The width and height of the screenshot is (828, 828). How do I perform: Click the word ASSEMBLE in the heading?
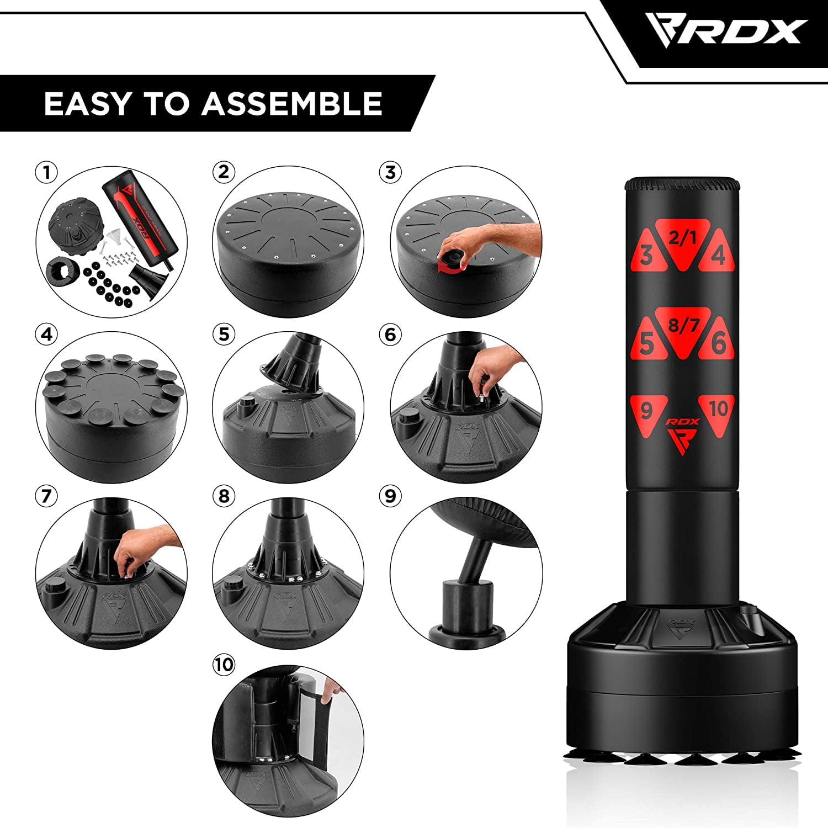pyautogui.click(x=292, y=104)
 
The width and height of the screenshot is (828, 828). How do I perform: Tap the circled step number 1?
pyautogui.click(x=47, y=172)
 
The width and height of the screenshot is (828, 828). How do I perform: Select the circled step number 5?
pyautogui.click(x=224, y=335)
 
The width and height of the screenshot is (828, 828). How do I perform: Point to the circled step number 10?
pyautogui.click(x=224, y=665)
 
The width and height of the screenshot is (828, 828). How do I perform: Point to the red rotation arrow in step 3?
pyautogui.click(x=448, y=268)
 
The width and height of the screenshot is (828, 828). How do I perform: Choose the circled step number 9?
pyautogui.click(x=391, y=496)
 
